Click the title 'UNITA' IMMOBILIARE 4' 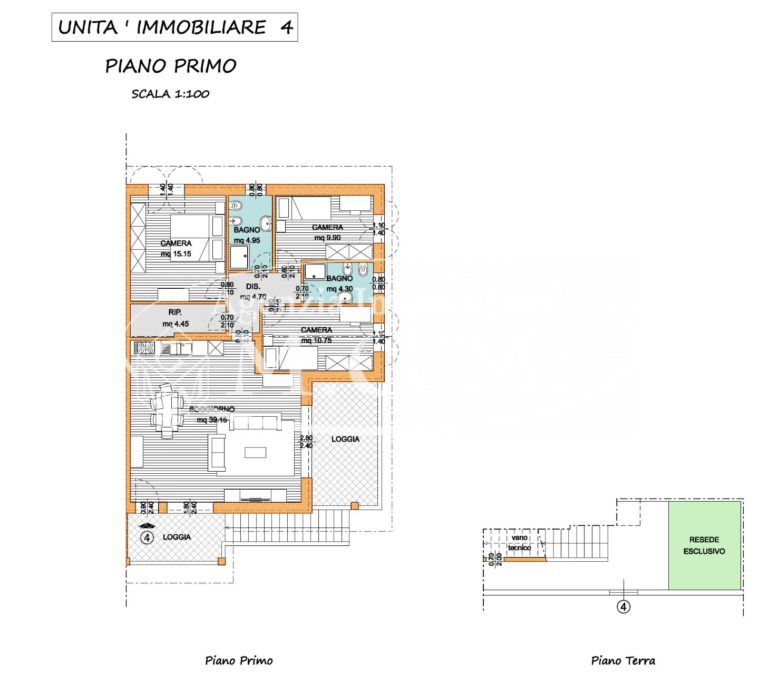pos(174,27)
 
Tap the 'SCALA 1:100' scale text pos(170,94)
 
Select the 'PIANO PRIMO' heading pos(171,66)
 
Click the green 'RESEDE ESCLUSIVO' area pos(704,545)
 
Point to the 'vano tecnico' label pos(520,542)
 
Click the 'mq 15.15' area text pos(176,253)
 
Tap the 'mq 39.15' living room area pos(212,420)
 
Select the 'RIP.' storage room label pos(176,311)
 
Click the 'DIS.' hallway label pos(253,287)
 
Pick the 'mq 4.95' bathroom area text pos(247,240)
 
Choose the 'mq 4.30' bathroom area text pos(339,289)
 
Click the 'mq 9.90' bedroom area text pos(327,237)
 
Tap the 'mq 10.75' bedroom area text pos(316,340)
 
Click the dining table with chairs pos(167,410)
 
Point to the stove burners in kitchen pos(143,347)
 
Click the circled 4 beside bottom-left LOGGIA pos(148,537)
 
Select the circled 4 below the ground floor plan pos(624,607)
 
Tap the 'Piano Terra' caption pos(623,660)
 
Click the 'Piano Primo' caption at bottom pos(239,660)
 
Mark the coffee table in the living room pos(256,452)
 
